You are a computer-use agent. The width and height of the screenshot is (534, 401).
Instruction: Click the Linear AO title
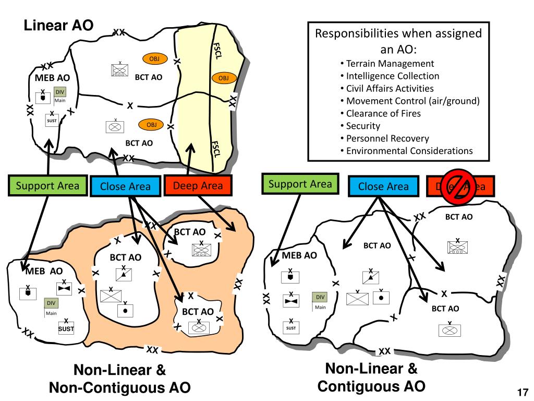58,25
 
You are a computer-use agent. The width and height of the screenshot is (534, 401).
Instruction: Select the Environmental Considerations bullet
409,151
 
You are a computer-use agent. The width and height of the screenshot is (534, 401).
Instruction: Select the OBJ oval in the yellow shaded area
223,78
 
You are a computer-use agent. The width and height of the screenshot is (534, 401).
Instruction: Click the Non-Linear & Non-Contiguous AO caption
119,380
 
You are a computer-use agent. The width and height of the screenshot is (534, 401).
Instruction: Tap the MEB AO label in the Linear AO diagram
49,78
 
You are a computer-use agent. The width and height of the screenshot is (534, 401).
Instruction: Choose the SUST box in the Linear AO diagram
52,120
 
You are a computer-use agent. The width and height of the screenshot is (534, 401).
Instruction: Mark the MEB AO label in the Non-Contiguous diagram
44,271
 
